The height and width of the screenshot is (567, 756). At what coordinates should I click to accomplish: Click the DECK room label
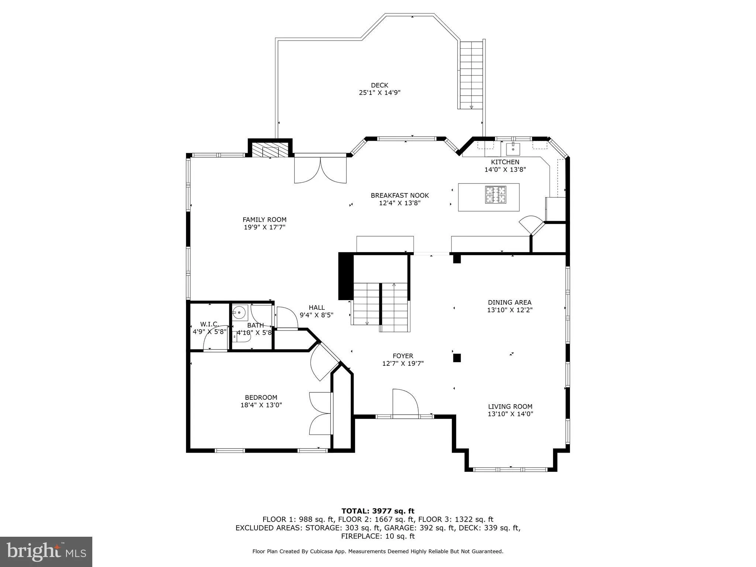379,85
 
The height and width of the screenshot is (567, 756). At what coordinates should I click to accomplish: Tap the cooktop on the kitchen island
495,195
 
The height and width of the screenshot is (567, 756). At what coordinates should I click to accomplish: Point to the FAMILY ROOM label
264,220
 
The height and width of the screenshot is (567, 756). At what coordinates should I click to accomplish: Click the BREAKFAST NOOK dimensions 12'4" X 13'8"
400,203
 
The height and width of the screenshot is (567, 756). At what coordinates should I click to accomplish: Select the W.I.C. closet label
209,324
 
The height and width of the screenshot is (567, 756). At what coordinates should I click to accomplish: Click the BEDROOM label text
261,398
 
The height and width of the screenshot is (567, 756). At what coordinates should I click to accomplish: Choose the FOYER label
403,356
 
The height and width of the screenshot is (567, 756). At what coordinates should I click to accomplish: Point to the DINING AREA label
510,302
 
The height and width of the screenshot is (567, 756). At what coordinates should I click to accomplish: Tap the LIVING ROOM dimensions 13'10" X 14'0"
511,414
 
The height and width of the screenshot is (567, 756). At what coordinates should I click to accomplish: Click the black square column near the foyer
457,358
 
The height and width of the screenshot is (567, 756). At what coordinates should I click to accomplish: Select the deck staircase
471,75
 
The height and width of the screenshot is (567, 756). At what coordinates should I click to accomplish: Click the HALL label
317,307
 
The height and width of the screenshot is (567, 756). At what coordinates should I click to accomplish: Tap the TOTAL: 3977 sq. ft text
378,511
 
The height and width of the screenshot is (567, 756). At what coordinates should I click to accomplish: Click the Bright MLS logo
46,551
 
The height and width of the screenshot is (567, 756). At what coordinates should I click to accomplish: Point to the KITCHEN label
505,162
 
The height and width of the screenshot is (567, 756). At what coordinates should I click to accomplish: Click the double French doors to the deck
320,170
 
